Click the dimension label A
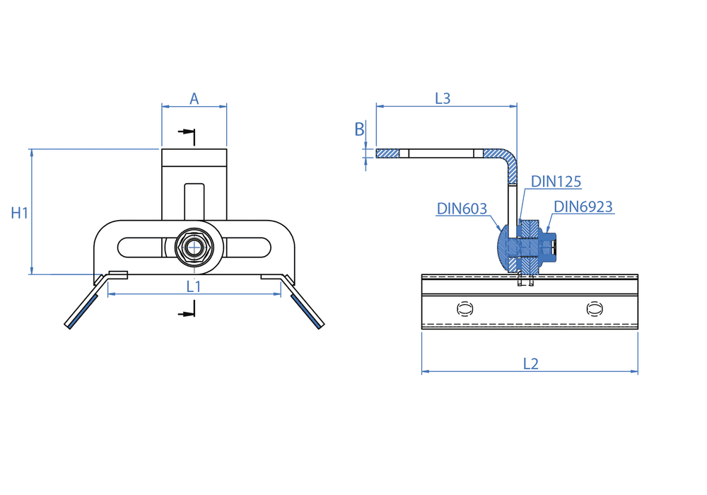point(194,99)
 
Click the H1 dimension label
point(20,212)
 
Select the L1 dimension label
point(194,286)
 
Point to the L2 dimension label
point(530,363)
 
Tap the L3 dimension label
point(442,99)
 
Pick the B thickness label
point(359,129)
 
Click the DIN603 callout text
point(462,209)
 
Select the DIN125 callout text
point(556,182)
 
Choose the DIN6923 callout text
point(583,206)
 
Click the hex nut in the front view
point(193,248)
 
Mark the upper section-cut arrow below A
point(187,132)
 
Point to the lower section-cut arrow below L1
point(187,312)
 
